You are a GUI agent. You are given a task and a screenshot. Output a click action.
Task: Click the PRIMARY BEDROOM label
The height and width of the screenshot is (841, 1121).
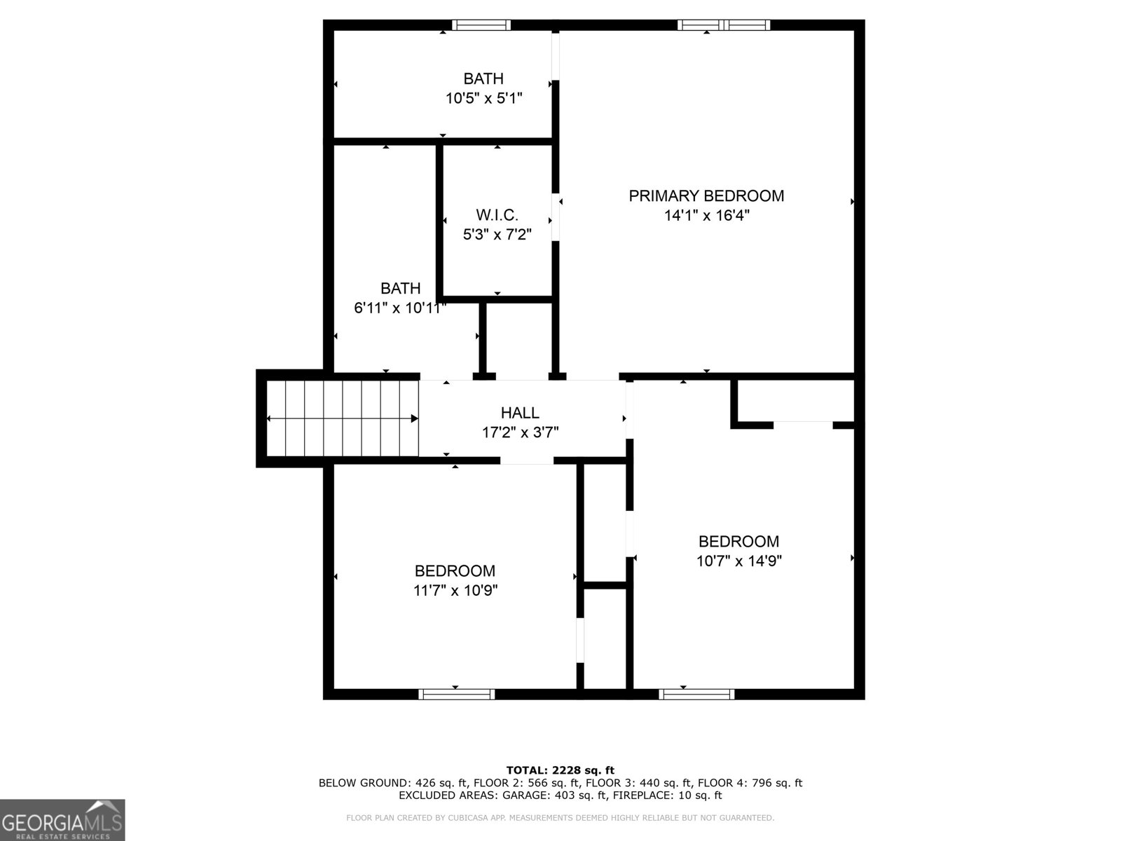coord(706,196)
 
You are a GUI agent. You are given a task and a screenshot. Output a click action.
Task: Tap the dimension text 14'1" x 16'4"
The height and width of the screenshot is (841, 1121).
coord(706,216)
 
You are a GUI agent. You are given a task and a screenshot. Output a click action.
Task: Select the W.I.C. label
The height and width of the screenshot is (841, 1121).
coord(497,215)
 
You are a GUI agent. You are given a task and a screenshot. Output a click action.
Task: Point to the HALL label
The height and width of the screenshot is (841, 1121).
coord(520,413)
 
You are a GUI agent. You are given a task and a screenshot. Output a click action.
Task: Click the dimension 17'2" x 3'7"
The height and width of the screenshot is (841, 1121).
coord(520,432)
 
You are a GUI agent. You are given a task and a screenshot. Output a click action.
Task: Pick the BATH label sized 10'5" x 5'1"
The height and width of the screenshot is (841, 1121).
coord(483,79)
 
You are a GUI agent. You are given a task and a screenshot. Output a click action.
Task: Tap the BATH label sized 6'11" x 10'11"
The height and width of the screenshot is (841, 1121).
coord(401,288)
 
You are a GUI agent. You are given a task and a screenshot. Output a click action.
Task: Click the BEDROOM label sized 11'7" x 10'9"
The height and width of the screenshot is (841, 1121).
coord(455,571)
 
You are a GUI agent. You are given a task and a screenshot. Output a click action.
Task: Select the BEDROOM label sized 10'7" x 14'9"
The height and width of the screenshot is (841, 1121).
coord(738,542)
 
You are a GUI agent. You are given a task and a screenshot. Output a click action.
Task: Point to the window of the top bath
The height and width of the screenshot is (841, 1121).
coord(481,25)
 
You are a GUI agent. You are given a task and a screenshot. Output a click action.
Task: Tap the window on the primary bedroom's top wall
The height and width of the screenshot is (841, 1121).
coord(724,25)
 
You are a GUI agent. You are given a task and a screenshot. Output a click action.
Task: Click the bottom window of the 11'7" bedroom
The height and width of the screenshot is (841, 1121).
coord(457,694)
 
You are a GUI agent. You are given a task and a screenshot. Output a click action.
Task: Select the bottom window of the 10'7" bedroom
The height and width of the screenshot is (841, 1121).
coord(696,694)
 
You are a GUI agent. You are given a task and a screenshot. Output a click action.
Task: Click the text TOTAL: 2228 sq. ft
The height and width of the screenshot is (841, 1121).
coord(560,770)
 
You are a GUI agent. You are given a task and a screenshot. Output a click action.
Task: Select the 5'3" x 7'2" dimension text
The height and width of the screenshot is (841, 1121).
coord(497,235)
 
